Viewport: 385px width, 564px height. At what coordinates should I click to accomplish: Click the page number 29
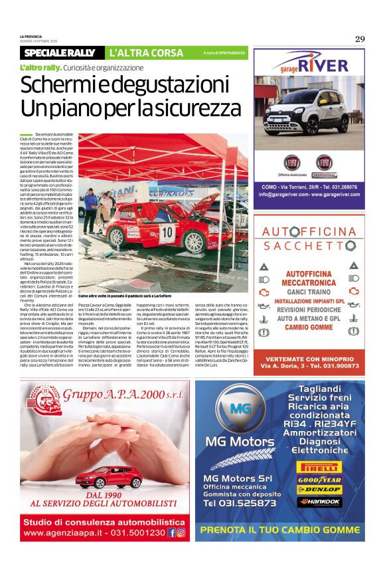[360, 39]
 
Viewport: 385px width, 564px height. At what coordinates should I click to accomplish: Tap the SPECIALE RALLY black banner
[60, 52]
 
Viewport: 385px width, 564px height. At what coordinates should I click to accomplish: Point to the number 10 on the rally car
[167, 231]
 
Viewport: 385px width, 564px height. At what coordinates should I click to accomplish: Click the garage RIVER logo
[309, 65]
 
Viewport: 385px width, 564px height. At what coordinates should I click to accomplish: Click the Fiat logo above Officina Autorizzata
[292, 162]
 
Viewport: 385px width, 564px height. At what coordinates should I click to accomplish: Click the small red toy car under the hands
[109, 477]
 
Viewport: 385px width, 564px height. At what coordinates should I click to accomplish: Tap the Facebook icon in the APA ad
[172, 533]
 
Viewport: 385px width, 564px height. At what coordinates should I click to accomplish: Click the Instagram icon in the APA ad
[181, 533]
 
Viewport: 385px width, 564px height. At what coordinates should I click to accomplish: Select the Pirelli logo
[319, 467]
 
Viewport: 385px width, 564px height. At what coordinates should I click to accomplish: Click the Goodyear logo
[319, 479]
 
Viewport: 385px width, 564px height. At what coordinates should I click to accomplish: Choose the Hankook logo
[319, 502]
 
